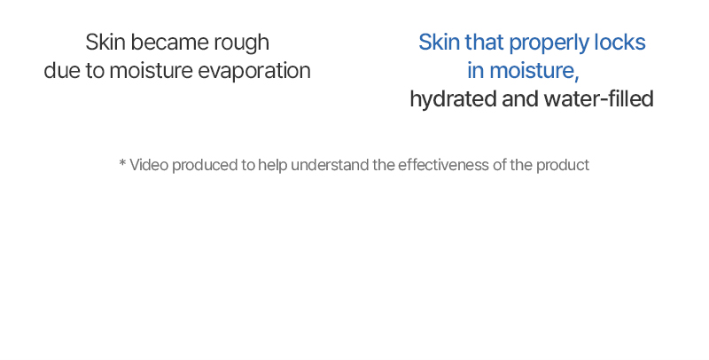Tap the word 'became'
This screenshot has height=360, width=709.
[x=169, y=42]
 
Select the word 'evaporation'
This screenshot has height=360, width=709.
[x=254, y=72]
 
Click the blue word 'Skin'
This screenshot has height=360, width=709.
[x=439, y=42]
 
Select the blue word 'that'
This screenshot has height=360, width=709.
[x=484, y=42]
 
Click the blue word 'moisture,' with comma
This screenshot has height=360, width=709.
[x=534, y=71]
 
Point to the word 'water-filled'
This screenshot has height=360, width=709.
[x=599, y=99]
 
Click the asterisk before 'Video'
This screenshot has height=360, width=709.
[x=122, y=162]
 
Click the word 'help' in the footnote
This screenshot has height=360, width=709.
[x=273, y=166]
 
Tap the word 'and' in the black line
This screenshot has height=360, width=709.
[x=520, y=99]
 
